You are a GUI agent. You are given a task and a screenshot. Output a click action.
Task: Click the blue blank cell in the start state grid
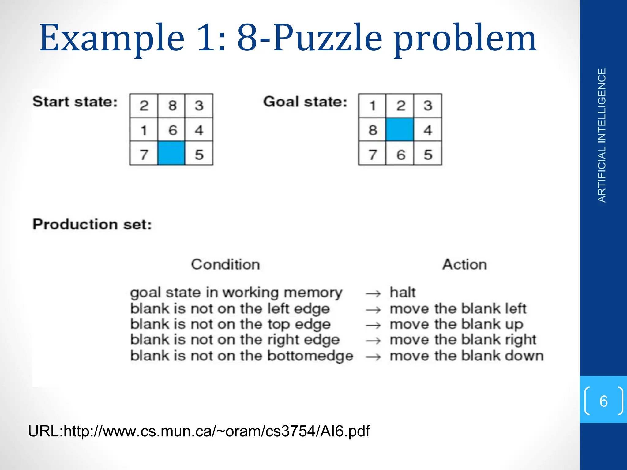click(x=171, y=153)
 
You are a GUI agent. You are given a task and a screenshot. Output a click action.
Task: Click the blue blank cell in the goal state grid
click(x=400, y=130)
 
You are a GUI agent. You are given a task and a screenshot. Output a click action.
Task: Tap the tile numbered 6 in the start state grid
click(x=172, y=130)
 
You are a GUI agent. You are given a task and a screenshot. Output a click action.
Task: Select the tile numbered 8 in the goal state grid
click(x=373, y=130)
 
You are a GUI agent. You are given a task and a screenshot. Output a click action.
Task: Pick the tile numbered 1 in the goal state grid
click(x=372, y=106)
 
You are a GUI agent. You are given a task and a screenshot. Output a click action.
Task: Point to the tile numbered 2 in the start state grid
click(x=144, y=106)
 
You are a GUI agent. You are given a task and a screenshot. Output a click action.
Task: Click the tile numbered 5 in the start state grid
click(x=199, y=154)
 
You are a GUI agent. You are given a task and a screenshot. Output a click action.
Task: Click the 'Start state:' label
click(x=75, y=102)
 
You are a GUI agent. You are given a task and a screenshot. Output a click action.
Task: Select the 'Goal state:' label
click(x=305, y=102)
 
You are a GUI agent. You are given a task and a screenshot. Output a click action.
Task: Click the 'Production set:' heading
click(x=92, y=224)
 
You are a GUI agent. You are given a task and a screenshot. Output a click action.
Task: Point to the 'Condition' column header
click(x=225, y=264)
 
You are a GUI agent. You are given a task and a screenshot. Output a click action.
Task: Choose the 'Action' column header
click(x=464, y=264)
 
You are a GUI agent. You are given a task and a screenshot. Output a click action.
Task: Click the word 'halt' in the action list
click(x=403, y=293)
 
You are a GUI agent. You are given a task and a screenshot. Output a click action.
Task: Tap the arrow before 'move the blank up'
click(x=373, y=325)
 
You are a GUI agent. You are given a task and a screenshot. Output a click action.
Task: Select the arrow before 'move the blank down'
click(x=373, y=357)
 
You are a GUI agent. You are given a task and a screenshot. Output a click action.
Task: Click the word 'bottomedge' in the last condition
click(x=310, y=356)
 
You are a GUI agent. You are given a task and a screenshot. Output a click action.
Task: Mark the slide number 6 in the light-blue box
click(x=603, y=401)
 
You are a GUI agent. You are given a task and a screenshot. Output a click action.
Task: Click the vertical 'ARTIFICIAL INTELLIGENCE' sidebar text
click(x=602, y=135)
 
